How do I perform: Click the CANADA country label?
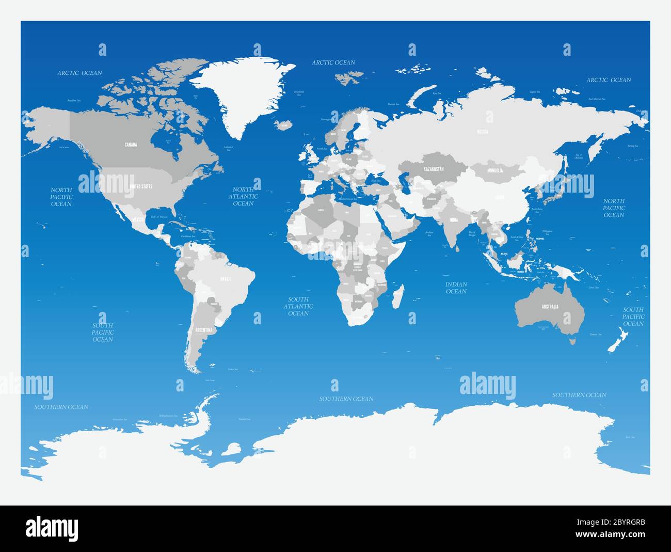tap(131, 145)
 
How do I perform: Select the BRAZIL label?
tap(226, 278)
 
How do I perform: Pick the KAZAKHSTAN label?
tap(434, 169)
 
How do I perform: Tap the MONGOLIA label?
tap(493, 170)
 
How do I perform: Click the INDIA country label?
tap(454, 220)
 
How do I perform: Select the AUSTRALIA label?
tap(550, 307)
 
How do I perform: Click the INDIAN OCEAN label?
tap(456, 288)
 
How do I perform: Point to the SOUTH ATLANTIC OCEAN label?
tap(298, 306)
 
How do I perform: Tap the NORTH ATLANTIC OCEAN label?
tap(243, 197)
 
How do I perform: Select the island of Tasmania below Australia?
tap(571, 340)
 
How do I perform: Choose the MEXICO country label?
tap(137, 220)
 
